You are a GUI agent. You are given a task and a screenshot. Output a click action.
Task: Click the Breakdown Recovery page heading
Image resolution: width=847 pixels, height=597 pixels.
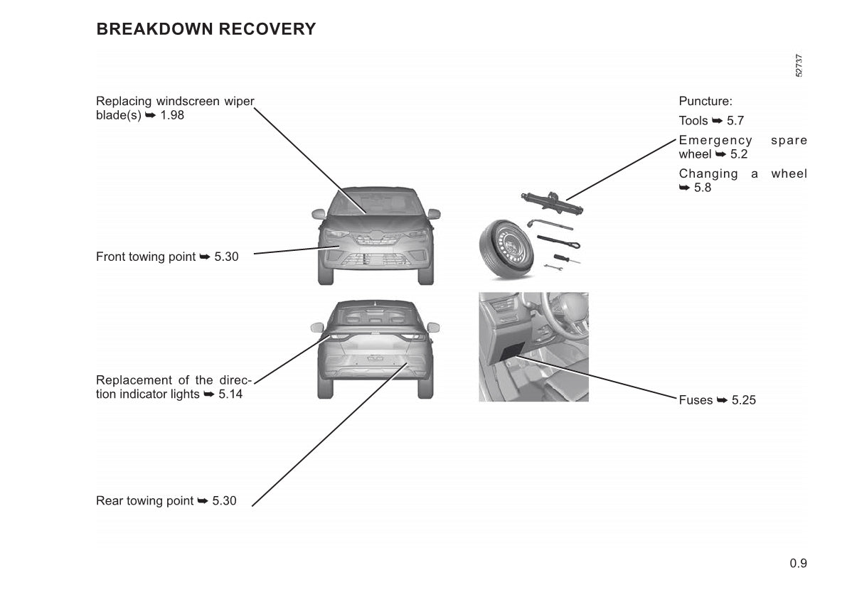coord(206,29)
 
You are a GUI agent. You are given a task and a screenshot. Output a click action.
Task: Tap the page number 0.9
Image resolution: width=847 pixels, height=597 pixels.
coord(798,564)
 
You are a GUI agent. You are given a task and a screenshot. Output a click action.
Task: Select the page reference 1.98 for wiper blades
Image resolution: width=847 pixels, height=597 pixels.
coord(172,115)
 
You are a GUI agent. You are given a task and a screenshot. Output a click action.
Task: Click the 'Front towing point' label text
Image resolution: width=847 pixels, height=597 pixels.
coord(146,257)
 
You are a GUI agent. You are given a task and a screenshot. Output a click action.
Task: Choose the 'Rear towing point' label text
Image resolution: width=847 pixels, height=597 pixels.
coord(144,501)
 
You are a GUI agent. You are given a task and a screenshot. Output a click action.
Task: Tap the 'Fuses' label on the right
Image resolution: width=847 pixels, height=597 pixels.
coord(696,400)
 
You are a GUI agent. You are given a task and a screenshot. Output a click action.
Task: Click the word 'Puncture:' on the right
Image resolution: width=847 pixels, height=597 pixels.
coord(705,102)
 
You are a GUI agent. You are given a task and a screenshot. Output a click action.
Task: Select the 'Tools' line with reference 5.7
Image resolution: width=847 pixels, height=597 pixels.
coord(711,121)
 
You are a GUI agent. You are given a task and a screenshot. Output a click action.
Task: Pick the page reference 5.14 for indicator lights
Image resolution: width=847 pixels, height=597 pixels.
coord(230,394)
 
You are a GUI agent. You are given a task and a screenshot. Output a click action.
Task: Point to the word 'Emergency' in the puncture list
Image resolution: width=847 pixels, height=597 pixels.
coord(715,140)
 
